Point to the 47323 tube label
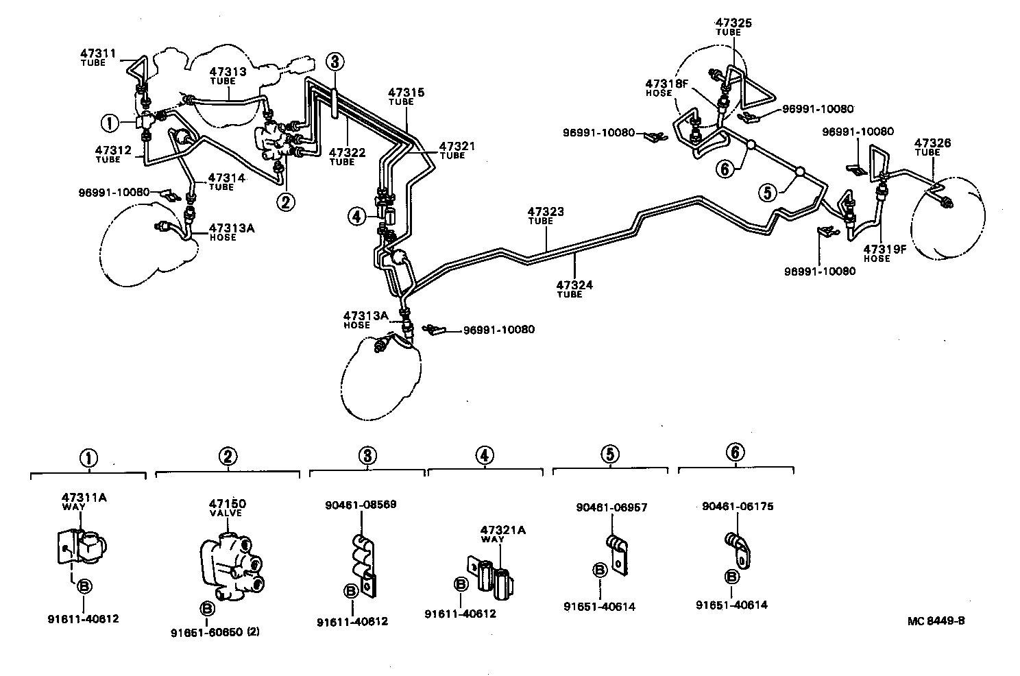point(546,216)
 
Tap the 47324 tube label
point(574,288)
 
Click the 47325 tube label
point(733,27)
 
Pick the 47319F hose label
point(884,252)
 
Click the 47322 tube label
point(347,156)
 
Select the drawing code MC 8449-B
point(936,621)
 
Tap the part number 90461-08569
point(361,505)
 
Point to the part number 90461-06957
point(611,507)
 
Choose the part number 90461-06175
point(737,506)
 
